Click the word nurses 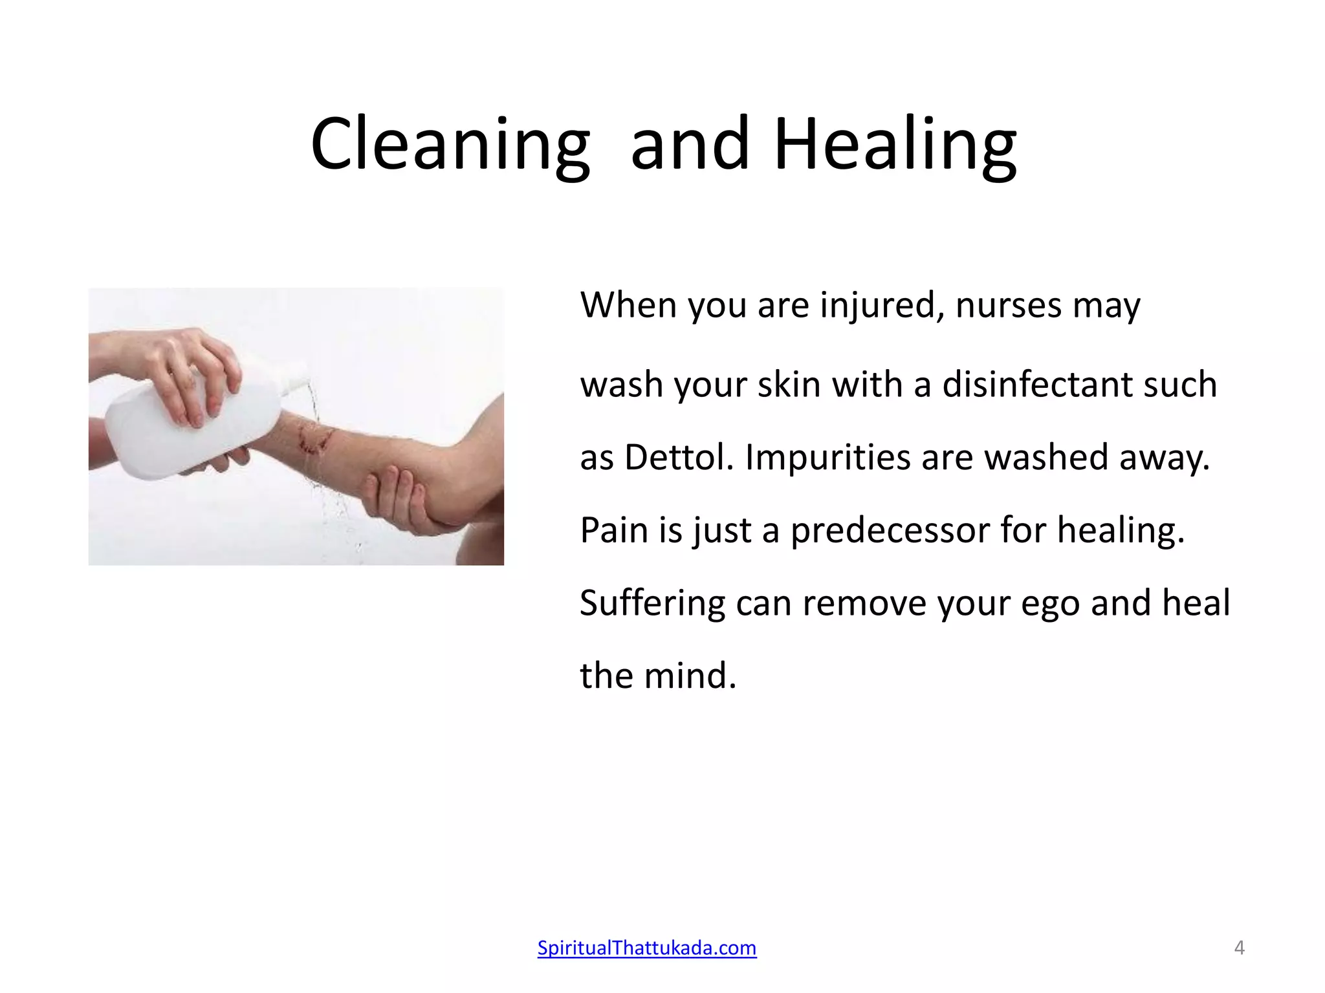pos(1008,305)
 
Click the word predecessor pos(890,530)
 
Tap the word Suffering pos(652,604)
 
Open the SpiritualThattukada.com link pos(646,948)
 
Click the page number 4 pos(1239,948)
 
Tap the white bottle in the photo pos(194,427)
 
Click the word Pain pos(613,530)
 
